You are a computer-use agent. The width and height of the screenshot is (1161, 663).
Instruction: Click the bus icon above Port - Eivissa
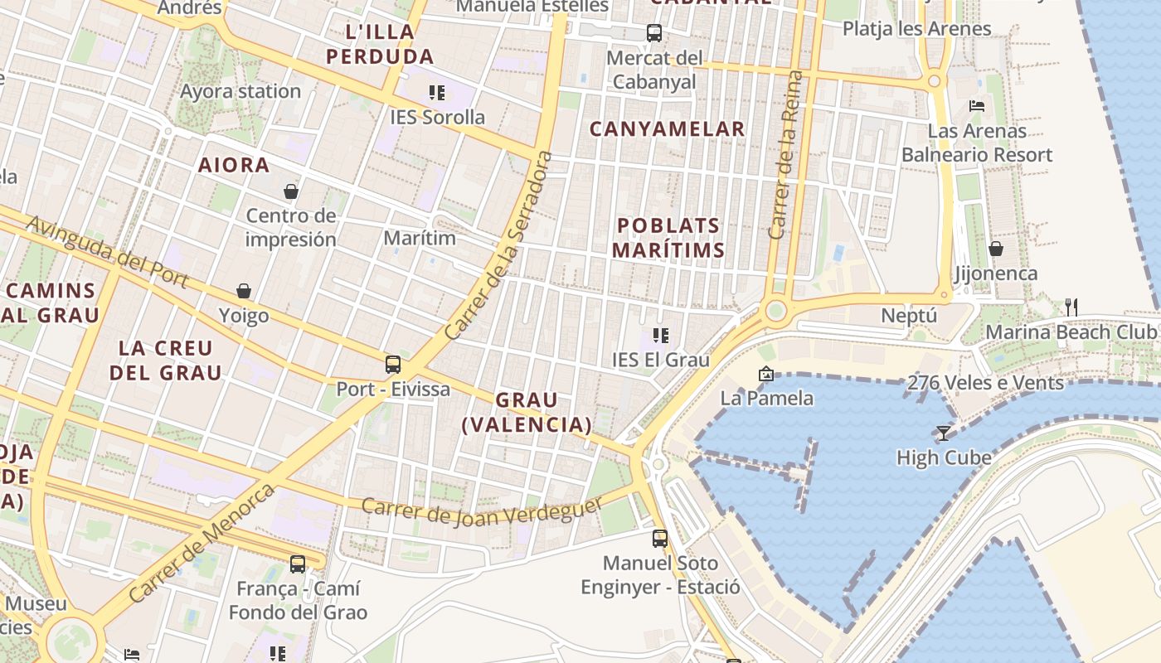pos(393,364)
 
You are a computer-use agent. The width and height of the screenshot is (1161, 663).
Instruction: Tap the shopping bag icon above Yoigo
pos(244,291)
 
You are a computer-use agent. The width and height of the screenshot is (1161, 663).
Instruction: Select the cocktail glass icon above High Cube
pos(944,433)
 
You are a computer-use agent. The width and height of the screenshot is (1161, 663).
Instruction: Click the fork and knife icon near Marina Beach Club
pos(1071,307)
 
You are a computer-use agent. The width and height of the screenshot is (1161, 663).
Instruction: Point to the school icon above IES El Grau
pos(660,336)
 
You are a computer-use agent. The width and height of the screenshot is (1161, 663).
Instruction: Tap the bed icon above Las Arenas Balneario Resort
pos(977,106)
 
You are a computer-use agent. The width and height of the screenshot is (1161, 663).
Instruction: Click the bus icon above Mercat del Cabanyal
pos(654,33)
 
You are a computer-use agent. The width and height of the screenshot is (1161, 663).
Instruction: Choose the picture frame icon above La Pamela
pos(765,374)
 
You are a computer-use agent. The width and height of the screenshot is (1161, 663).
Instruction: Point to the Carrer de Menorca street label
pos(202,544)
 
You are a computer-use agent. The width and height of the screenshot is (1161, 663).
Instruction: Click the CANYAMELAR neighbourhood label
pos(667,129)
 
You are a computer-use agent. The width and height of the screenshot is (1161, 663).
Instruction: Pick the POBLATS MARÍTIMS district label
pos(669,237)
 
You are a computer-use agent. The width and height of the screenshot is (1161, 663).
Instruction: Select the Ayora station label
pos(240,91)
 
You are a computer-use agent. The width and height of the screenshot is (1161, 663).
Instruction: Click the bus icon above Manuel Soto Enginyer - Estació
pos(660,539)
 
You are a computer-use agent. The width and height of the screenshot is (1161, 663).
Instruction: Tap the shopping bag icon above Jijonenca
pos(996,249)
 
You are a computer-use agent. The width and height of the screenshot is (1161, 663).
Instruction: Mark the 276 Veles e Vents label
pos(985,383)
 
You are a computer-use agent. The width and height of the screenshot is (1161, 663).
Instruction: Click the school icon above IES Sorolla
pos(436,92)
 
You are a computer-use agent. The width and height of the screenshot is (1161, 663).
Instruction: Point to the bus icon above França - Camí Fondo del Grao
pos(298,564)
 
